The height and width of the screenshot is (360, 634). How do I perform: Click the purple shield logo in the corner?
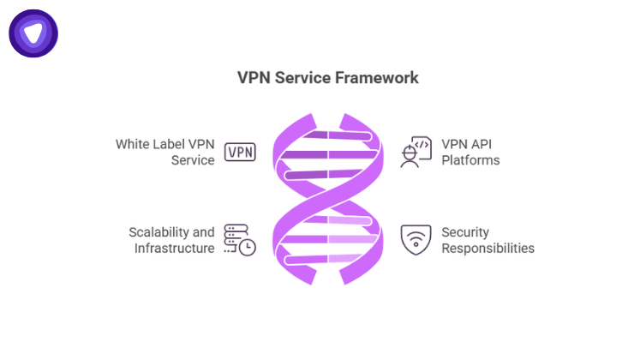coord(33,33)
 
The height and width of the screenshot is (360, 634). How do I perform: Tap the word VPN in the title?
coord(254,78)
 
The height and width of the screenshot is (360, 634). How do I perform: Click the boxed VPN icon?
coord(240,153)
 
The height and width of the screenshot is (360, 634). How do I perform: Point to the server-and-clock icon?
coord(240,240)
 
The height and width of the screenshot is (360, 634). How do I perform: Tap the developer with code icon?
coord(416,152)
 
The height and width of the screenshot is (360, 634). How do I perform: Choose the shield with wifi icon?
coord(416,240)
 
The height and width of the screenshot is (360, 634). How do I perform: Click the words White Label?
coord(149,144)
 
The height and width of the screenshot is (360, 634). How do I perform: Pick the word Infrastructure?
coord(174,249)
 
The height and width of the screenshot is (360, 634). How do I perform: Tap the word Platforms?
coord(470,160)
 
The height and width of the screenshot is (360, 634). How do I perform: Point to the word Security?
coord(466,232)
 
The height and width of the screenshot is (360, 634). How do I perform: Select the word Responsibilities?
coord(487,249)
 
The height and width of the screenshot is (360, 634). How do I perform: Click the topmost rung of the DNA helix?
coord(330,133)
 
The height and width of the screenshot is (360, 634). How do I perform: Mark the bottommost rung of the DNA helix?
coord(330,259)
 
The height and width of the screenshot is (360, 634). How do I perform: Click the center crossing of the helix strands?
coord(330,197)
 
